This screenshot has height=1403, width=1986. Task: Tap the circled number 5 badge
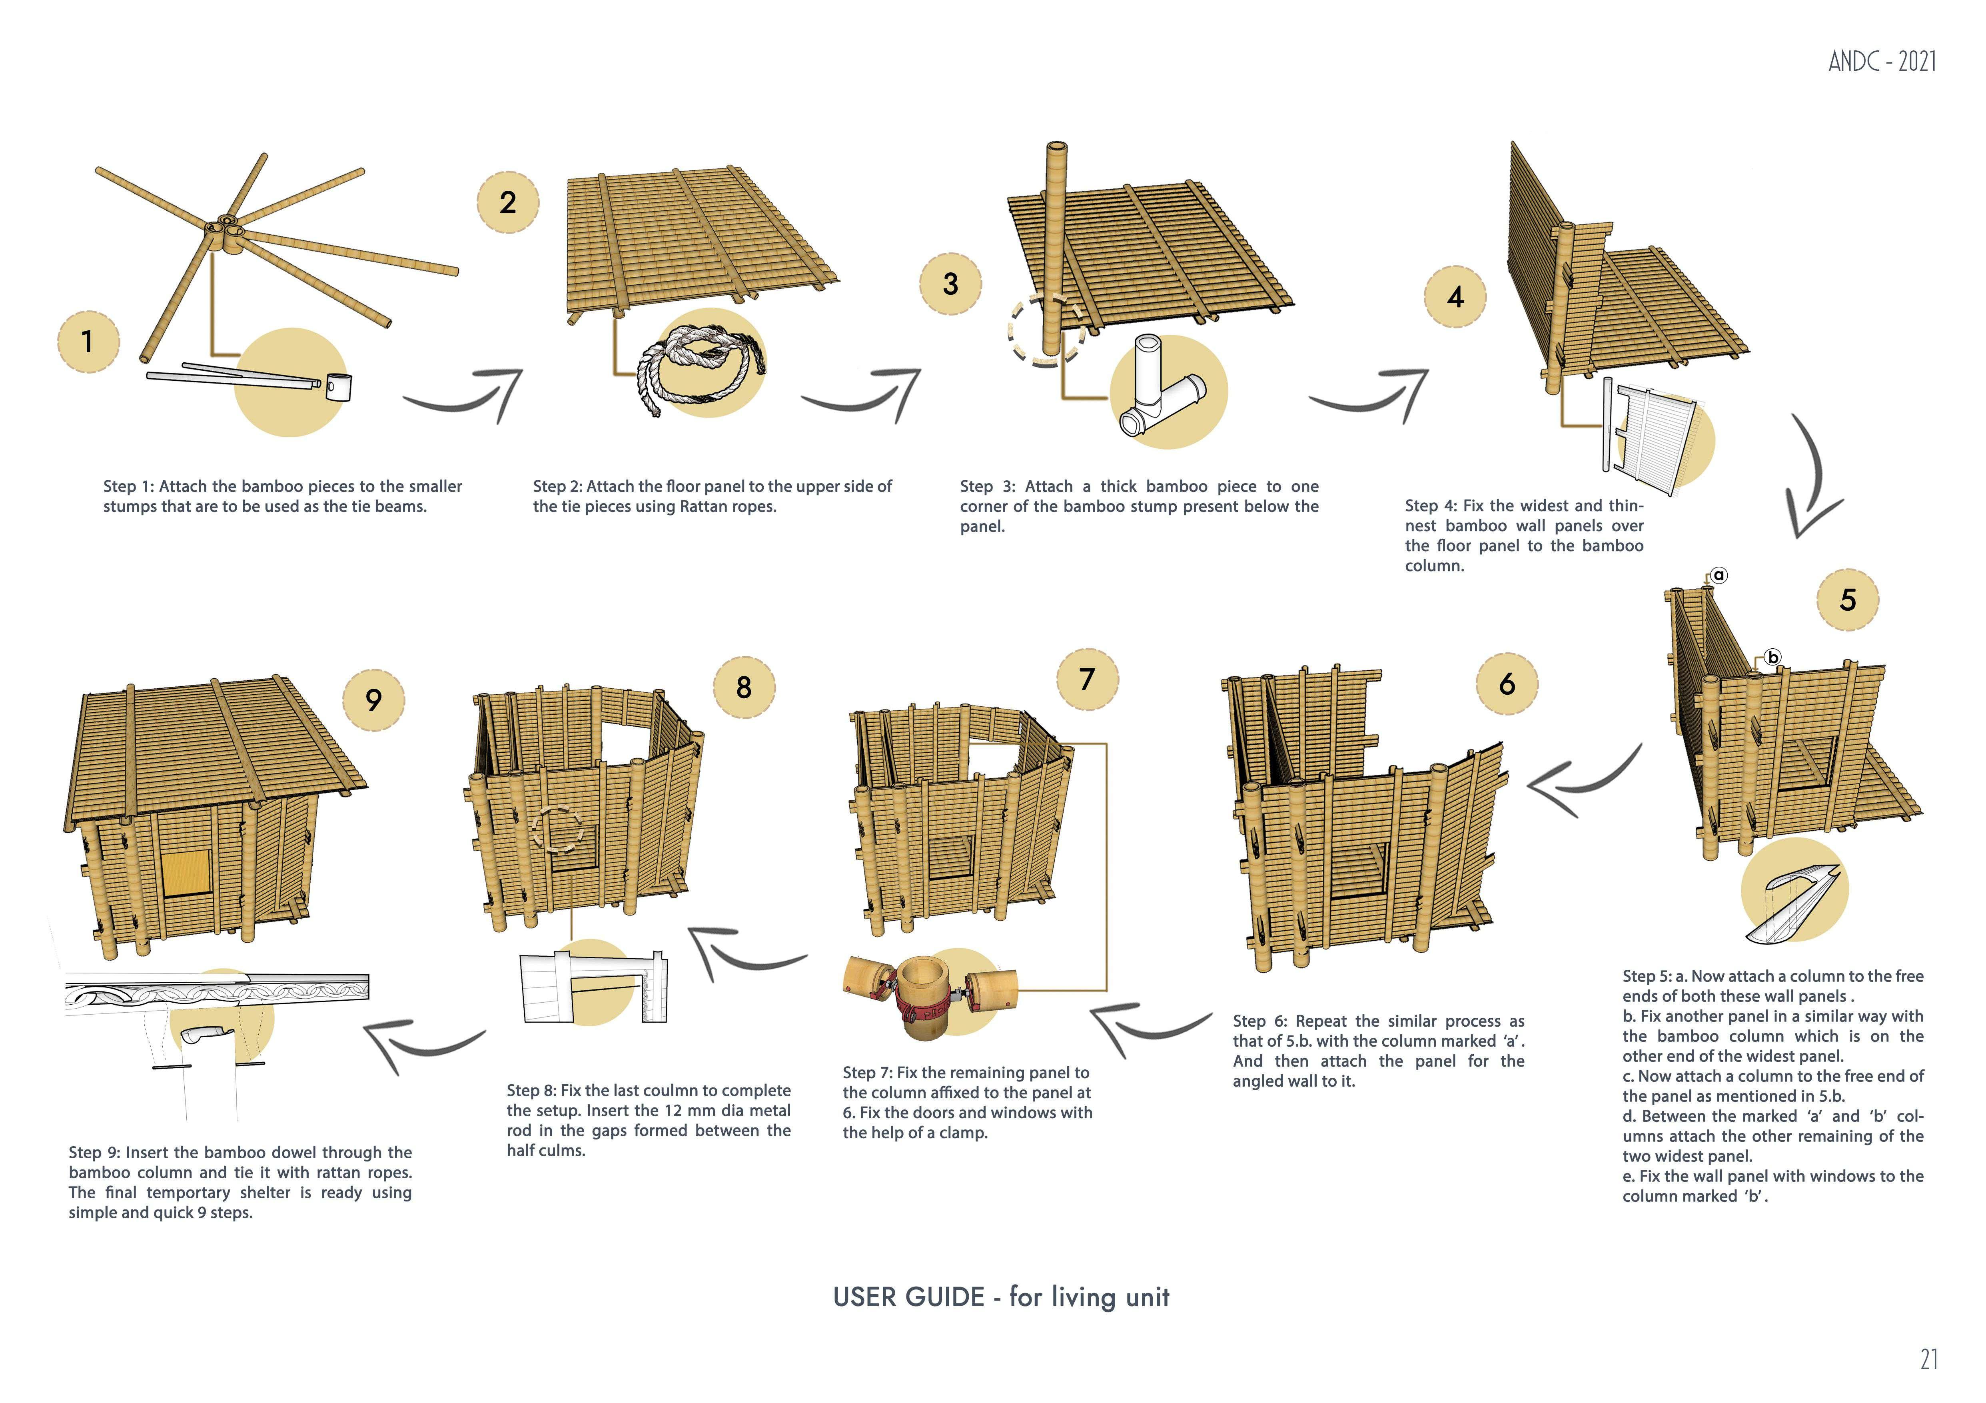point(1848,600)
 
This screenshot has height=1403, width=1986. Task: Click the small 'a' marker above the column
point(1719,575)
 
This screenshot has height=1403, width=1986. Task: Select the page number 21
point(1928,1360)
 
